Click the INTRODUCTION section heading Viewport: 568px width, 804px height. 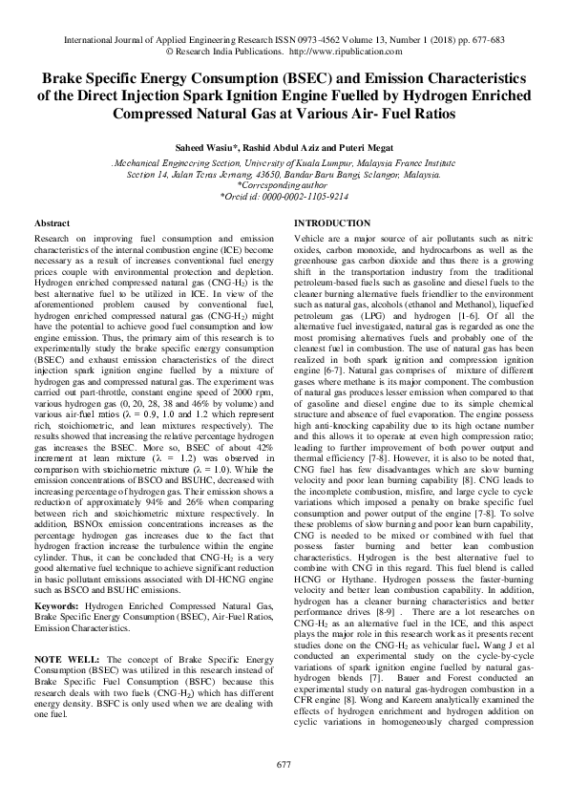tap(334, 222)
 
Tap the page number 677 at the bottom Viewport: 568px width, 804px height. tap(284, 766)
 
